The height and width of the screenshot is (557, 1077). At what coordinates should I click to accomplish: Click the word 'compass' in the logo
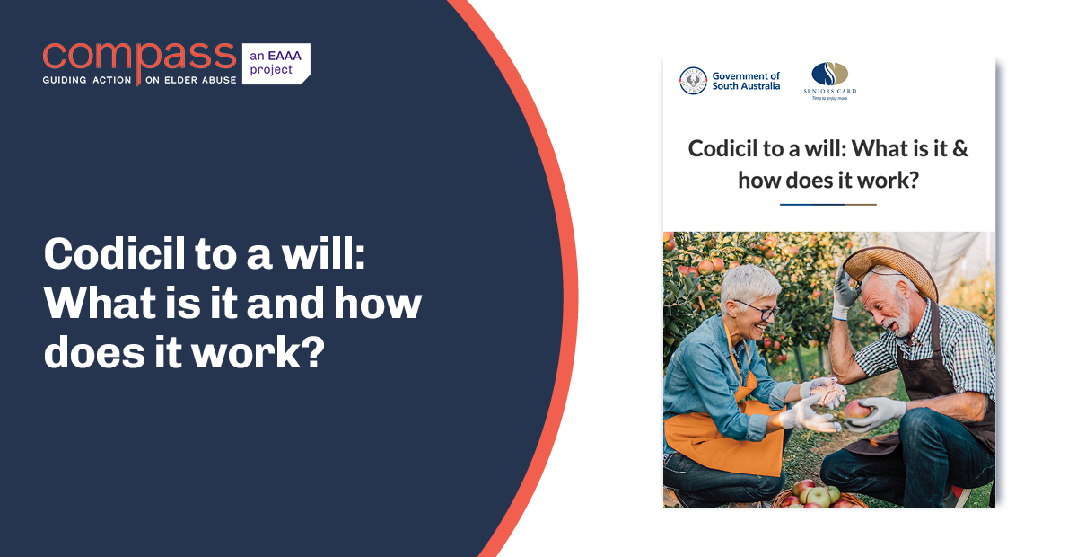coord(139,56)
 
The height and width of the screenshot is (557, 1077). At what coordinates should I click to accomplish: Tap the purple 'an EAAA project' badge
coord(275,63)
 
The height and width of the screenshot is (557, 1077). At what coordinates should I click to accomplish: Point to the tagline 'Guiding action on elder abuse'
coord(139,80)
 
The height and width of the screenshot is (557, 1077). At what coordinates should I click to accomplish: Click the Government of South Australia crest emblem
coord(693,81)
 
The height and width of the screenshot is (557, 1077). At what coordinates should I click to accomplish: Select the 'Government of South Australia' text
coord(746,81)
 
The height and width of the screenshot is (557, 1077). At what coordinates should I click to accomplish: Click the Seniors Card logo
coord(829,80)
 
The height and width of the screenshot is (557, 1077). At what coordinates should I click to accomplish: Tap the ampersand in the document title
coord(959,148)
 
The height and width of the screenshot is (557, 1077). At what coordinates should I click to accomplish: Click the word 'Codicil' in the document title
coord(722,148)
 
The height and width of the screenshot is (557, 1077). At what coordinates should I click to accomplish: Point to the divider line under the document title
coord(827,205)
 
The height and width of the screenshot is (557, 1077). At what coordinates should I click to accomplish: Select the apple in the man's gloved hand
coord(858,410)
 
